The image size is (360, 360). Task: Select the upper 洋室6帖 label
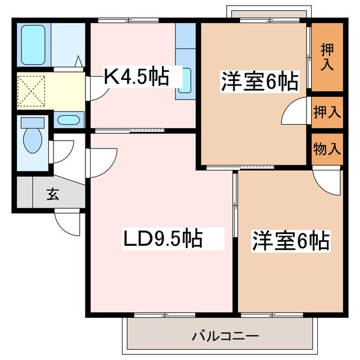[259, 82]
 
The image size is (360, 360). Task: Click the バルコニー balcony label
[217, 337]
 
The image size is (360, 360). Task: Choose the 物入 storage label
[327, 149]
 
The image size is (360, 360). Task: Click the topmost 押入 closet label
[327, 56]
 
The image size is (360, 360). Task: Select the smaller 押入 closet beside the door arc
[327, 112]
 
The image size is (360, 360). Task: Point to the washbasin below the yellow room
[69, 120]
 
